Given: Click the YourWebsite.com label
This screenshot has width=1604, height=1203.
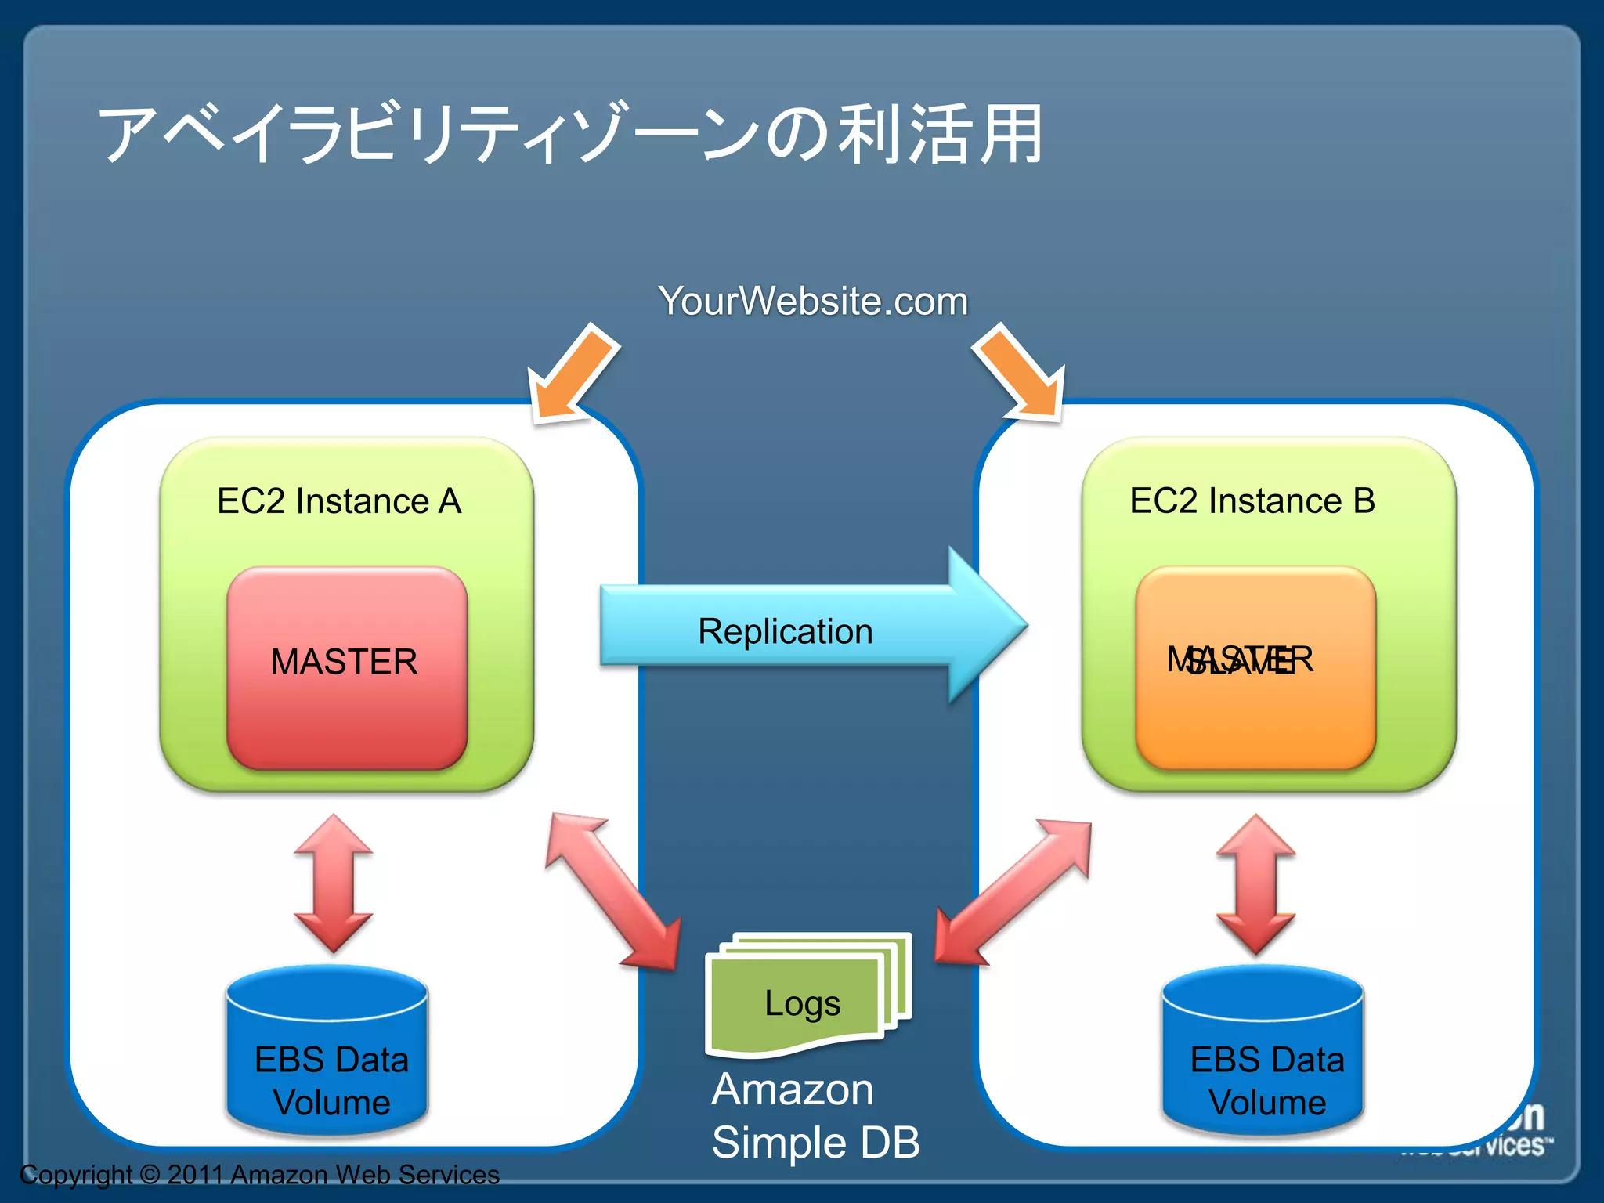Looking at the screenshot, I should point(813,301).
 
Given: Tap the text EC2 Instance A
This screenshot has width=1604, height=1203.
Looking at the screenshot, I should point(339,501).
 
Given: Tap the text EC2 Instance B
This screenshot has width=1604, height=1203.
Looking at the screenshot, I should point(1252,501).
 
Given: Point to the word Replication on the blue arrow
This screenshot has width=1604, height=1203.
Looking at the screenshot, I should point(785,631).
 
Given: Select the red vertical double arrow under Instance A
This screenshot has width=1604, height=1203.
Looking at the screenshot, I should point(334,883).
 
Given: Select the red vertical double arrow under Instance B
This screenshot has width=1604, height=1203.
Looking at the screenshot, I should point(1255,883).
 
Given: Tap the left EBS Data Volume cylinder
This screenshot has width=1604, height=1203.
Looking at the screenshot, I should point(327,1053).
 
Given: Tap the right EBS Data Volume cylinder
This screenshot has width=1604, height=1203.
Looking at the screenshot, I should point(1263,1053).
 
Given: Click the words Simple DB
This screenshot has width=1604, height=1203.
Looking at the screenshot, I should point(815,1142).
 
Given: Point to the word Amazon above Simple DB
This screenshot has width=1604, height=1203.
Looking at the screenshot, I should point(792,1089).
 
